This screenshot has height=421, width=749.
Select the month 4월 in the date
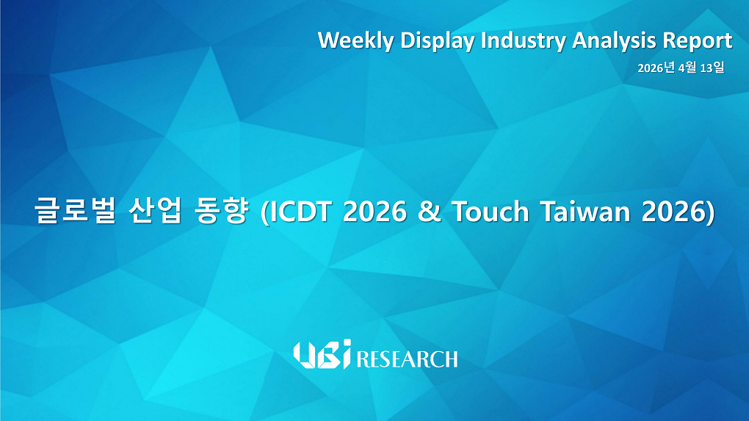coord(688,68)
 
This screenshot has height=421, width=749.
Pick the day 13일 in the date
coord(712,68)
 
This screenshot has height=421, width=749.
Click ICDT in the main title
coord(302,212)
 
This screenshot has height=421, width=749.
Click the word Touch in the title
coord(490,212)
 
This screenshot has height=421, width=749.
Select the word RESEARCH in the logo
coord(407,359)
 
